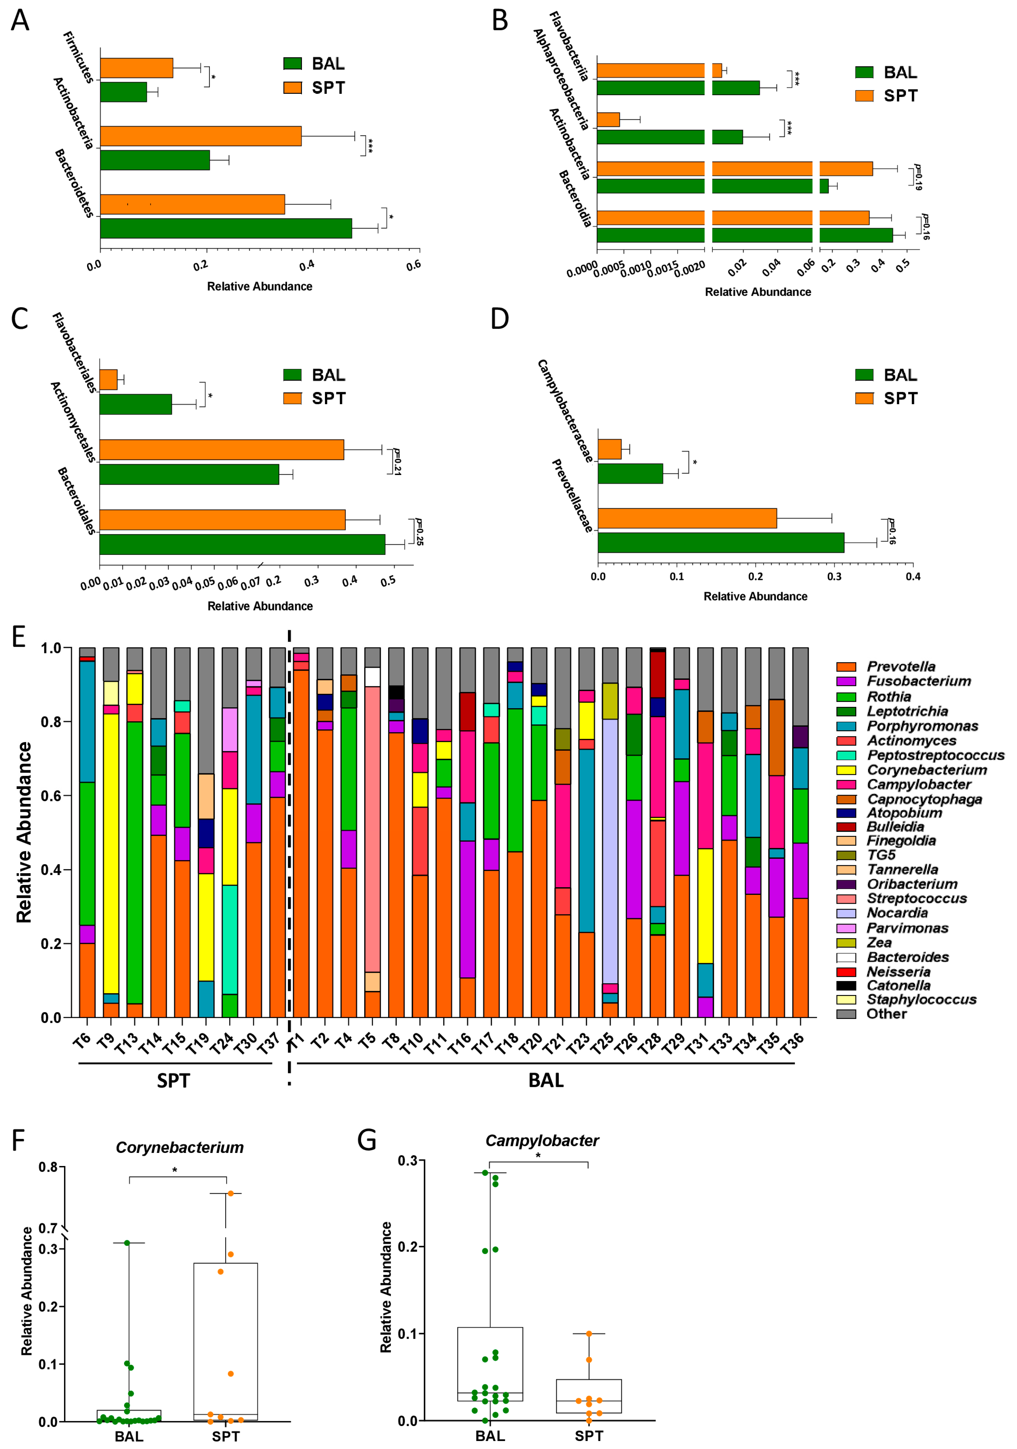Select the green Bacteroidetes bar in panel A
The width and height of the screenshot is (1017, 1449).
click(x=225, y=228)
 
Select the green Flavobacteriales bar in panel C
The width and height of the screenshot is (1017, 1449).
click(x=135, y=405)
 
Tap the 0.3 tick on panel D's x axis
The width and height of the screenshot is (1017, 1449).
click(x=834, y=576)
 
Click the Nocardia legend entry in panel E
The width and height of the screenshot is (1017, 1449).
click(x=896, y=913)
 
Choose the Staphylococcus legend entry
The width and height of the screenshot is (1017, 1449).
click(x=921, y=1000)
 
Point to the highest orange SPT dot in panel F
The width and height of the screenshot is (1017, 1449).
click(x=231, y=1193)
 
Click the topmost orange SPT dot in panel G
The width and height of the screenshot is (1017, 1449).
click(x=589, y=1334)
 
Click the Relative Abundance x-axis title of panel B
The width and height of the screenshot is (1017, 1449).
click(x=758, y=292)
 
